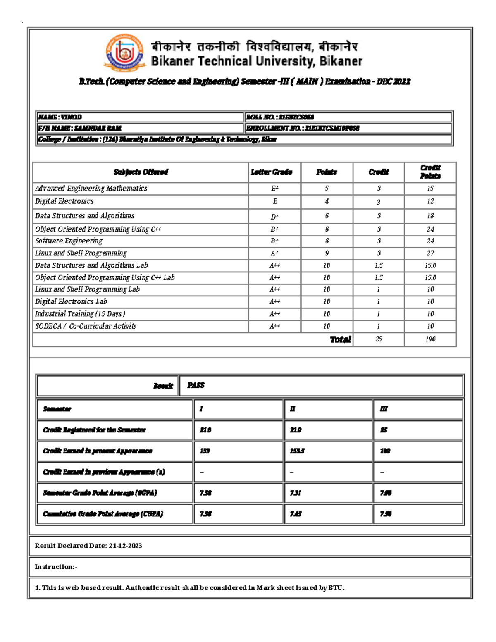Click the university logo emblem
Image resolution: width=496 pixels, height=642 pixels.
124,53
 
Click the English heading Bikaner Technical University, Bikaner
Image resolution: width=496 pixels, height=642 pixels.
256,62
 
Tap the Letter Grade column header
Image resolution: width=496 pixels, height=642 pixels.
272,172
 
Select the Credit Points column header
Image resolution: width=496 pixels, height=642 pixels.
430,172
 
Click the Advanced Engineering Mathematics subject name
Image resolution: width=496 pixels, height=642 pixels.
91,189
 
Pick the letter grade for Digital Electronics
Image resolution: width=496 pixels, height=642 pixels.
274,201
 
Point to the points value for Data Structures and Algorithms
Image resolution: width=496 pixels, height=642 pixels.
327,216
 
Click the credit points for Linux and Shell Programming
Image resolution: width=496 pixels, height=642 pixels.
430,253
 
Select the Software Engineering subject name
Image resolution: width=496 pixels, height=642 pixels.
69,241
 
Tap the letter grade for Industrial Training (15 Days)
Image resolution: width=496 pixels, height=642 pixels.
274,314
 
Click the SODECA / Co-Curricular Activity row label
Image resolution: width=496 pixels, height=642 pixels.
86,326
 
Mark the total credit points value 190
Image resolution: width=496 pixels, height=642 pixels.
430,339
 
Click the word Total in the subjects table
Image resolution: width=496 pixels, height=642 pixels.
340,339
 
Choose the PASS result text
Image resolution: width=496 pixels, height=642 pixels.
196,385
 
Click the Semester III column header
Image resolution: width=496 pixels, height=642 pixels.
383,409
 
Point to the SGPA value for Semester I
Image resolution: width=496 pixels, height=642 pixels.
205,493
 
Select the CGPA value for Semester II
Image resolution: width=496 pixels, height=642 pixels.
296,514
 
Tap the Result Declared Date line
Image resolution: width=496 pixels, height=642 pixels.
88,546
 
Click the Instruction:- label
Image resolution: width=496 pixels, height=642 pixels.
56,567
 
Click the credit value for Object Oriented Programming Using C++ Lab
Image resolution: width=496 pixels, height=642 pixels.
378,278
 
